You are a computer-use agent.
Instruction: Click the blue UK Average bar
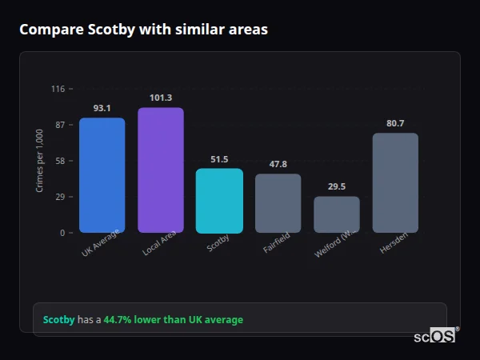[x=102, y=175]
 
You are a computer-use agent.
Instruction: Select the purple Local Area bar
[x=160, y=170]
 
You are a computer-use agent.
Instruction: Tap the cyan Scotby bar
[x=219, y=201]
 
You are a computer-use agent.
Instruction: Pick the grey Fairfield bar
[x=278, y=203]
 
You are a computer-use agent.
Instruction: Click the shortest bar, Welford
[x=336, y=214]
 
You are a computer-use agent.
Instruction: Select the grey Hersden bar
[x=395, y=183]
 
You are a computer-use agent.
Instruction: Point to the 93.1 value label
[x=102, y=108]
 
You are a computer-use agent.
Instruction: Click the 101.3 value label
[x=160, y=98]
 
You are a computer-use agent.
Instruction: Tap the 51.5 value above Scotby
[x=219, y=159]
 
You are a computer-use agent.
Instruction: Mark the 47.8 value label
[x=278, y=164]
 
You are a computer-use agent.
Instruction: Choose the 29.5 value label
[x=336, y=186]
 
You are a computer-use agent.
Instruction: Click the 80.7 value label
[x=395, y=123]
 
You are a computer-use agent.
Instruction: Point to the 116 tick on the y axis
[x=58, y=89]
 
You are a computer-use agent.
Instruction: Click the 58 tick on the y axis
[x=59, y=161]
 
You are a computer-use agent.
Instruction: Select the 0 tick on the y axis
[x=62, y=233]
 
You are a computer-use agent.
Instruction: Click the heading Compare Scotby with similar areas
[x=143, y=30]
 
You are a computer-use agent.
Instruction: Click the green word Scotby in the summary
[x=58, y=320]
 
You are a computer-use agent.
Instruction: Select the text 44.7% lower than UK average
[x=173, y=320]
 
